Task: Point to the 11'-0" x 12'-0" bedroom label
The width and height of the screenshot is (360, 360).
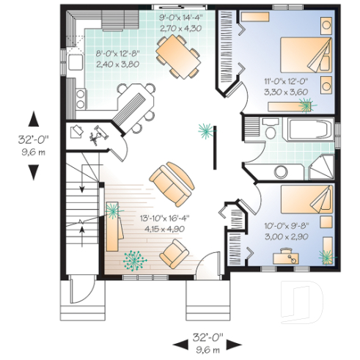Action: pyautogui.click(x=288, y=87)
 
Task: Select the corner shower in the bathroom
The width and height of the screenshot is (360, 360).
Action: pyautogui.click(x=320, y=168)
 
